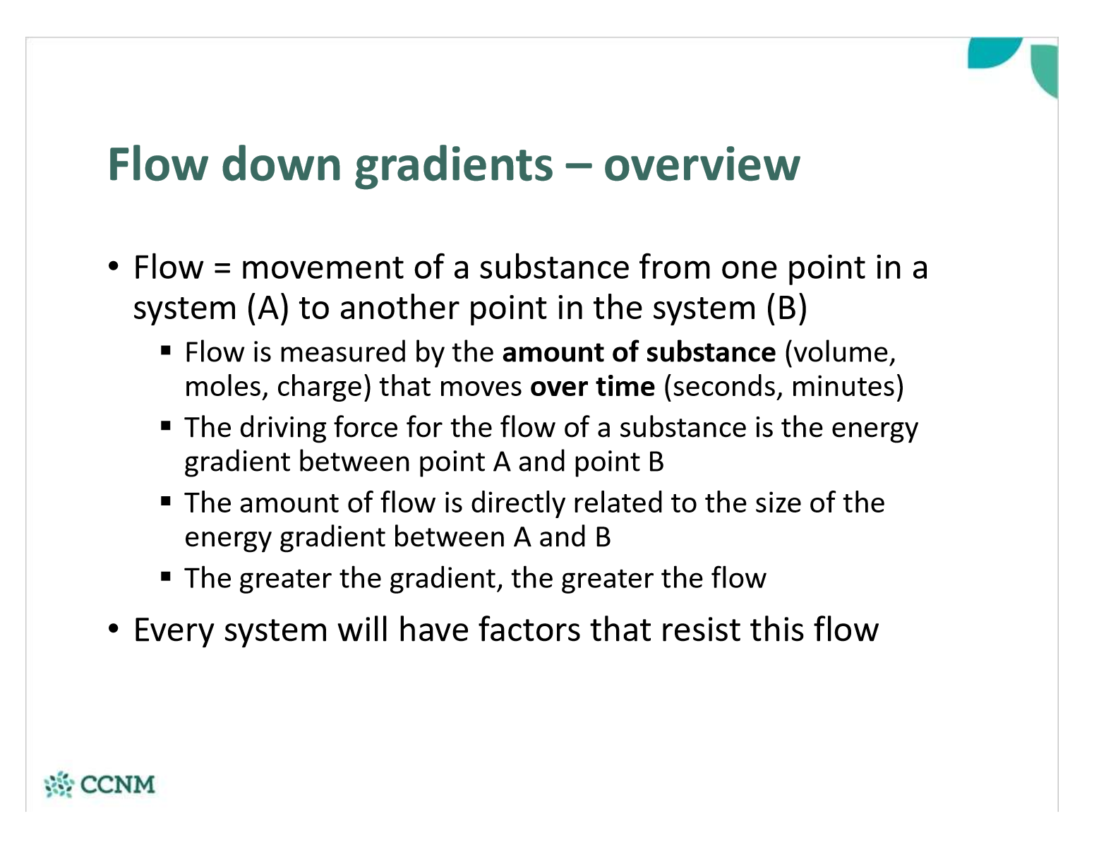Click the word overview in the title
[702, 164]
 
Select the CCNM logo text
[118, 785]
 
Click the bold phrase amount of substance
[639, 352]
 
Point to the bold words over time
[593, 387]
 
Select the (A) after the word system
[268, 308]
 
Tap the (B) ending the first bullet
[787, 308]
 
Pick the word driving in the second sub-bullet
[282, 428]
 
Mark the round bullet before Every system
[114, 629]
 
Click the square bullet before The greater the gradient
[166, 576]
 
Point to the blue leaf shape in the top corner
[992, 52]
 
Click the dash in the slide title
[578, 166]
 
